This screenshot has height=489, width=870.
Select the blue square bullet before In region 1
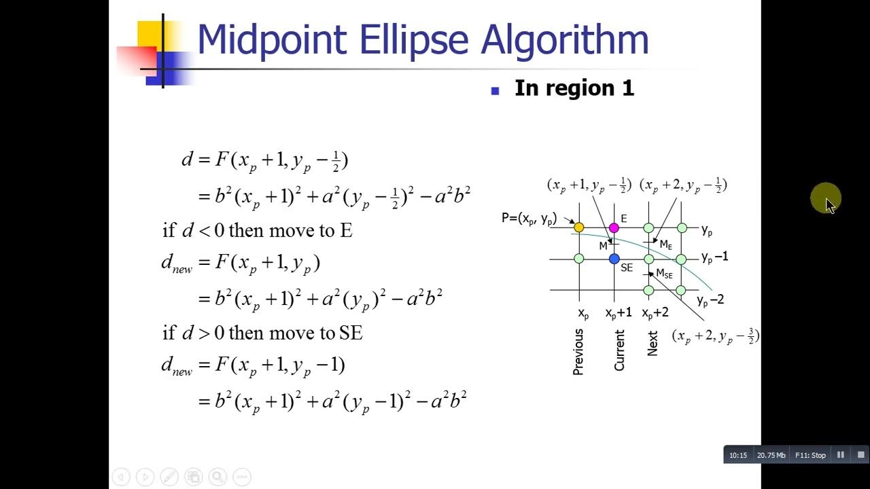tap(495, 90)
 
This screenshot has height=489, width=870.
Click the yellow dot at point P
tap(578, 228)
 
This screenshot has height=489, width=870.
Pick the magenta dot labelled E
tap(614, 228)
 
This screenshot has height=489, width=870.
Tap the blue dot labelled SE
tap(614, 259)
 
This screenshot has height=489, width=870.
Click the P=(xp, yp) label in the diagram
tap(529, 219)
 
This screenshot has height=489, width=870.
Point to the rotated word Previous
tap(578, 352)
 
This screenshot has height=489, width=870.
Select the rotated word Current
tap(619, 350)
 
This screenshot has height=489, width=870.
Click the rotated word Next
tap(652, 344)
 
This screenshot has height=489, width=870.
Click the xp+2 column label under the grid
tap(655, 313)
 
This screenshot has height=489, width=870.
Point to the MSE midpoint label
tap(664, 274)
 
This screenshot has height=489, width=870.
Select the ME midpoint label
tap(665, 244)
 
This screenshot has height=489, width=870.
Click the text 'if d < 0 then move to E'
tap(257, 230)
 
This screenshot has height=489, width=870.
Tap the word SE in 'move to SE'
tap(351, 333)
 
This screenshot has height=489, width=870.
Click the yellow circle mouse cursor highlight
tap(825, 198)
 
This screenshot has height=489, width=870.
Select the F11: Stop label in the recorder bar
tap(810, 455)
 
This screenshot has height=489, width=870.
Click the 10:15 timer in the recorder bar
tap(738, 455)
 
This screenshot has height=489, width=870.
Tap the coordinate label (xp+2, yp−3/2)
tap(715, 336)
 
